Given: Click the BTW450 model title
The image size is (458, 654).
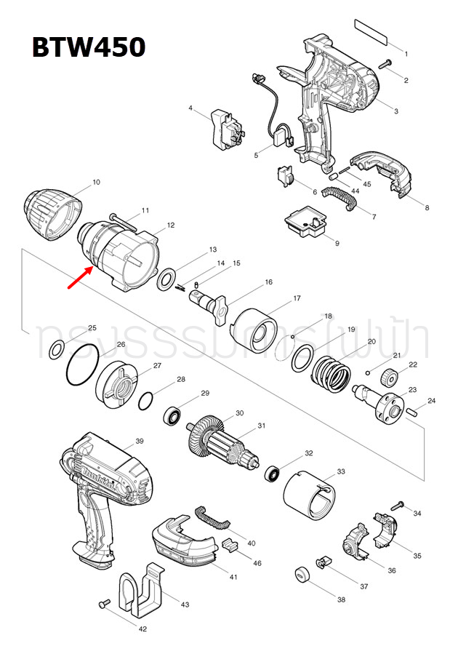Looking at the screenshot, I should tap(88, 48).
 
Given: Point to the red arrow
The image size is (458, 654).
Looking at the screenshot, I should tap(80, 276).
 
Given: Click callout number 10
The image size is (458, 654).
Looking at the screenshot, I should tap(97, 182).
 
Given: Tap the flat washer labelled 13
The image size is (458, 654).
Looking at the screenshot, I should tap(166, 276).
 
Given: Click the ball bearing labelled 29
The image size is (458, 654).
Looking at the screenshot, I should tap(173, 416).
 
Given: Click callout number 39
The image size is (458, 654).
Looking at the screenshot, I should tap(140, 442).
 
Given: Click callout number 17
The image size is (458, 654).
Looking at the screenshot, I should tap(297, 299).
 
